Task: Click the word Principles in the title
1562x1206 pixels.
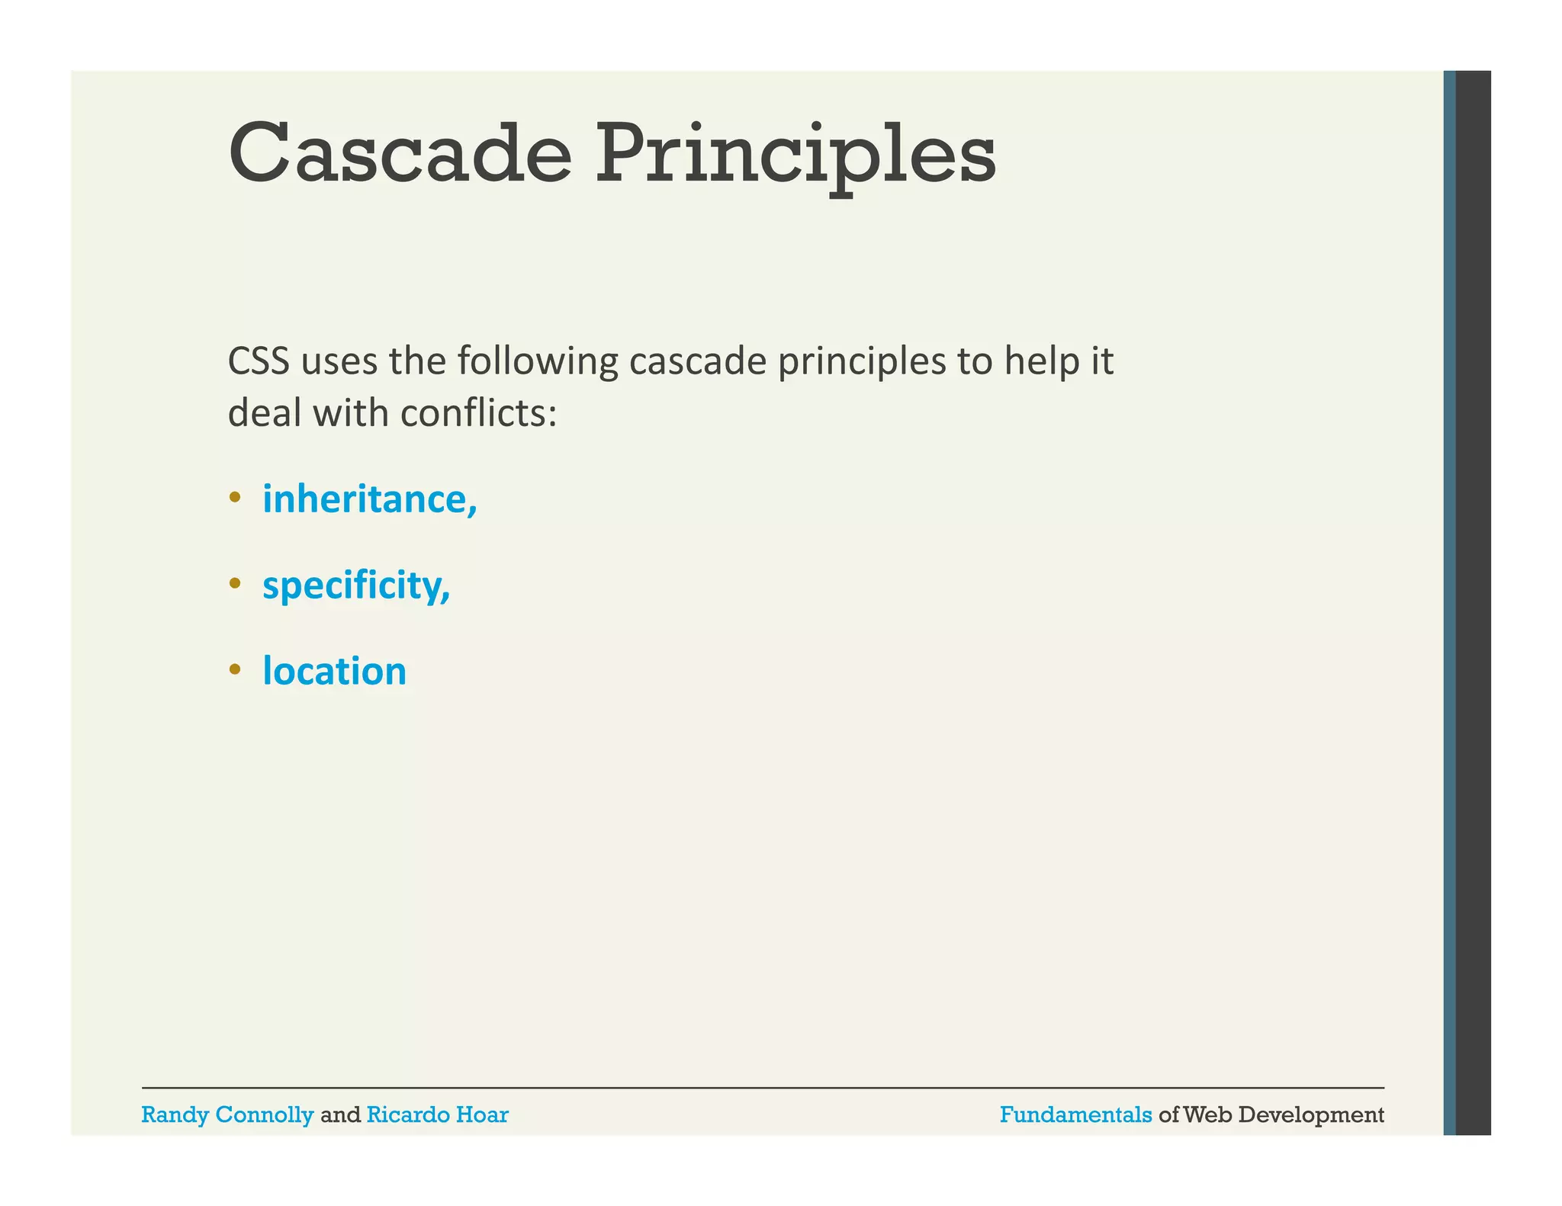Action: pyautogui.click(x=795, y=156)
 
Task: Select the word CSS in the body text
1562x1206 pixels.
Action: pyautogui.click(x=259, y=361)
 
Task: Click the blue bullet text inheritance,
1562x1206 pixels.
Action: pyautogui.click(x=370, y=499)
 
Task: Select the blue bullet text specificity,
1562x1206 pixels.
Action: pyautogui.click(x=356, y=586)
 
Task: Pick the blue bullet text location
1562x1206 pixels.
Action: pyautogui.click(x=334, y=672)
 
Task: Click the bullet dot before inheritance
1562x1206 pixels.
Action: pyautogui.click(x=235, y=499)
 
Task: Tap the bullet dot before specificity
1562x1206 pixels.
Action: pyautogui.click(x=235, y=585)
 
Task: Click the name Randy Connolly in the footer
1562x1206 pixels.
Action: pyautogui.click(x=227, y=1115)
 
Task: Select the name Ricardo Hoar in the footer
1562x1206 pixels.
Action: pyautogui.click(x=437, y=1115)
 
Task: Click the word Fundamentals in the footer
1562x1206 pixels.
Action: pyautogui.click(x=1075, y=1115)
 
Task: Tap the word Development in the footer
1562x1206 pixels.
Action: pyautogui.click(x=1311, y=1115)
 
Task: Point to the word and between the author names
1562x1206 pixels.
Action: pyautogui.click(x=340, y=1115)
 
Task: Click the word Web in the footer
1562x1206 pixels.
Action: pyautogui.click(x=1207, y=1115)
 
